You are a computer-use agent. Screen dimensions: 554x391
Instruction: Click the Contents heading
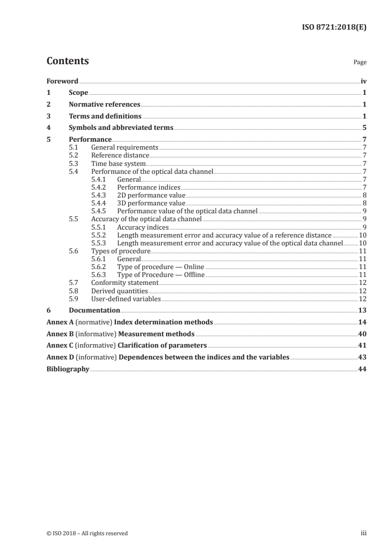(68, 61)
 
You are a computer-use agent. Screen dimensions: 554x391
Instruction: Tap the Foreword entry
(62, 80)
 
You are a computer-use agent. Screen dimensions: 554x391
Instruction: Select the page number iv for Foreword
(363, 80)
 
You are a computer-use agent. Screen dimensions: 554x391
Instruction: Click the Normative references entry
(105, 104)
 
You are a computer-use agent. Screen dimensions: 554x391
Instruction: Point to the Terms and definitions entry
(105, 116)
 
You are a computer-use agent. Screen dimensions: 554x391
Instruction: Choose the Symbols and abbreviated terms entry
(121, 127)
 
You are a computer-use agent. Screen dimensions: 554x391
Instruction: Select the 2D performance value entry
(151, 196)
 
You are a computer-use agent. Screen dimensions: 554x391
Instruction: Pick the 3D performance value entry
(151, 203)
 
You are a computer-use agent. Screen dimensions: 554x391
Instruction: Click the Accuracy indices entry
(142, 227)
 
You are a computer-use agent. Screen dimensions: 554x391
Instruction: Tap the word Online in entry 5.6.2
(194, 267)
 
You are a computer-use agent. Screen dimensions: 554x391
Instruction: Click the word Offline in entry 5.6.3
(194, 275)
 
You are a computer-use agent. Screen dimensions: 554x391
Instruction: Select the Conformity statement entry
(125, 282)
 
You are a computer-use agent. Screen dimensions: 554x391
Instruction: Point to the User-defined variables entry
(126, 299)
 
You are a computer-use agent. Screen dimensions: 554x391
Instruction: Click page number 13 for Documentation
(362, 310)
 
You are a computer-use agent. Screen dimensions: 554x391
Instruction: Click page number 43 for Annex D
(362, 356)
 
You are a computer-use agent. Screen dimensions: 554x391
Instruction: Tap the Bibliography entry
(68, 368)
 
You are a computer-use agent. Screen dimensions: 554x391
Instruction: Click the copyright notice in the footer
(87, 533)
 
